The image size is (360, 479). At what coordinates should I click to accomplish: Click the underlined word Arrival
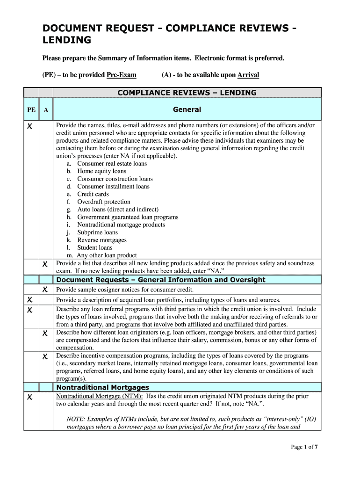(x=248, y=75)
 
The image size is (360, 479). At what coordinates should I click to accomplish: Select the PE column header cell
(x=31, y=110)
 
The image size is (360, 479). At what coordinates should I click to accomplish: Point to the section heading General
(x=187, y=109)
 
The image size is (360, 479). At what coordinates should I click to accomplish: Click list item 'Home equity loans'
(x=101, y=171)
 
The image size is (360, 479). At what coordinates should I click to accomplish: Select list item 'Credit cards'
(x=93, y=194)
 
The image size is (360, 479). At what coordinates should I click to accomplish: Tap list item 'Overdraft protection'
(x=104, y=202)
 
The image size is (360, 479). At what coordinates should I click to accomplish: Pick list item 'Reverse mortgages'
(x=102, y=240)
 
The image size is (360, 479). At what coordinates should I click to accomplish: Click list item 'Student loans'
(x=95, y=247)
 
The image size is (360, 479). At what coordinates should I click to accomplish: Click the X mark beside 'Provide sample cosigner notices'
(x=45, y=290)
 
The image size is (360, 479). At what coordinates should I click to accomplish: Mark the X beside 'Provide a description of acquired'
(x=29, y=300)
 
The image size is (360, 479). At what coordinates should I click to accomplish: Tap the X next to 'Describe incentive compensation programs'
(x=45, y=356)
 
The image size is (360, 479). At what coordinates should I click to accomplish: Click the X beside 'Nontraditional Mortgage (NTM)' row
(x=29, y=397)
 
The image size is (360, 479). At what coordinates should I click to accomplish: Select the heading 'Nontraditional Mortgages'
(x=103, y=387)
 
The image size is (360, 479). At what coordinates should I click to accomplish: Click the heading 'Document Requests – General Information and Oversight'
(x=161, y=280)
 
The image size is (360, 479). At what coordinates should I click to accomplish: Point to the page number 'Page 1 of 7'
(x=304, y=447)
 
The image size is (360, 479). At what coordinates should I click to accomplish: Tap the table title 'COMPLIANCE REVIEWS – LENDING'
(x=187, y=93)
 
